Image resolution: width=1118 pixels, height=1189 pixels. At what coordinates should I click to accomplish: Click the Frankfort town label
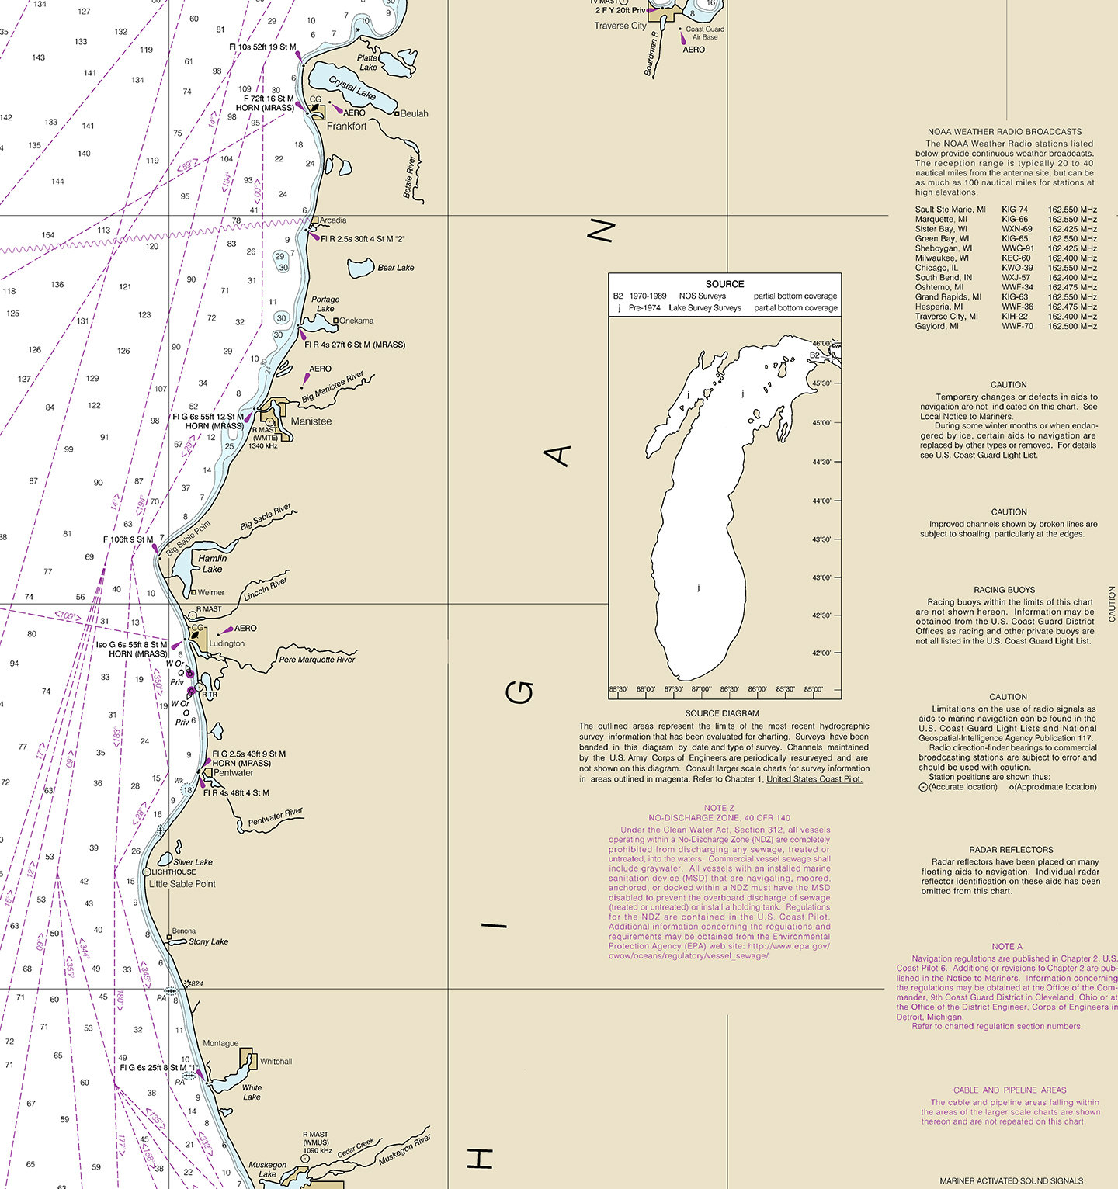coord(346,126)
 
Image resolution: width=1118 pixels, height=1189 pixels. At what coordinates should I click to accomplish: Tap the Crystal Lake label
coord(352,88)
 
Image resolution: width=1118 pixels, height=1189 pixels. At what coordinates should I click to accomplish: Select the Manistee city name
coord(311,421)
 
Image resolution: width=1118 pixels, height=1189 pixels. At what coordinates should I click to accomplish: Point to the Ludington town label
coord(227,643)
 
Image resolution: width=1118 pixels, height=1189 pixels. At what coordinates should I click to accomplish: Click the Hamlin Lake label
coord(212,563)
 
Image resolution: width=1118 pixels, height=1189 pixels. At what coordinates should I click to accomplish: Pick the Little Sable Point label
coord(182,884)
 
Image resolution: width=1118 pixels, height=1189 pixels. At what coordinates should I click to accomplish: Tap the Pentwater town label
coord(233,773)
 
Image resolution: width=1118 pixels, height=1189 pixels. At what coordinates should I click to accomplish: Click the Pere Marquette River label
coord(317,660)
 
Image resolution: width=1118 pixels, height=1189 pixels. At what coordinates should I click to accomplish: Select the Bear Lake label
coord(395,268)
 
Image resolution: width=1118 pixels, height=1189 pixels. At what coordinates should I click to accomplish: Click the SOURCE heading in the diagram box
coord(724,284)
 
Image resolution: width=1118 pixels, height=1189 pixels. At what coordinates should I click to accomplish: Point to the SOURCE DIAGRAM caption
coord(722,713)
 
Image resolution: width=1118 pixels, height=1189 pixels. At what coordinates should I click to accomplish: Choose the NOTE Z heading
coord(719,808)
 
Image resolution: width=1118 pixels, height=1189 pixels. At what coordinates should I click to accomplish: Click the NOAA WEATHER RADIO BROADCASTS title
coord(1004,132)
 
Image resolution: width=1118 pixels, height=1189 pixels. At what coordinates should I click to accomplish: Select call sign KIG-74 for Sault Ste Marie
coord(1014,210)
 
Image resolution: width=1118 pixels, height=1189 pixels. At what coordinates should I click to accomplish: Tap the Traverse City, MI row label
coord(946,317)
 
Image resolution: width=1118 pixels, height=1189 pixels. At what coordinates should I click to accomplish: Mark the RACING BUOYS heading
coord(1004,590)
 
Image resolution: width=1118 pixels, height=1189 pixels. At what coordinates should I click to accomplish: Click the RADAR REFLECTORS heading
coord(1011,850)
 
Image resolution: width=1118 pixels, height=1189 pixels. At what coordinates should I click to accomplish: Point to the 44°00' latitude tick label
coord(821,501)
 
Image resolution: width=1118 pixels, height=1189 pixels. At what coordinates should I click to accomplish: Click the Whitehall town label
coord(276,1062)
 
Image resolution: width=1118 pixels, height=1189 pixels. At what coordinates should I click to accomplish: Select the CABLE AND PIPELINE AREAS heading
coord(1009,1090)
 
